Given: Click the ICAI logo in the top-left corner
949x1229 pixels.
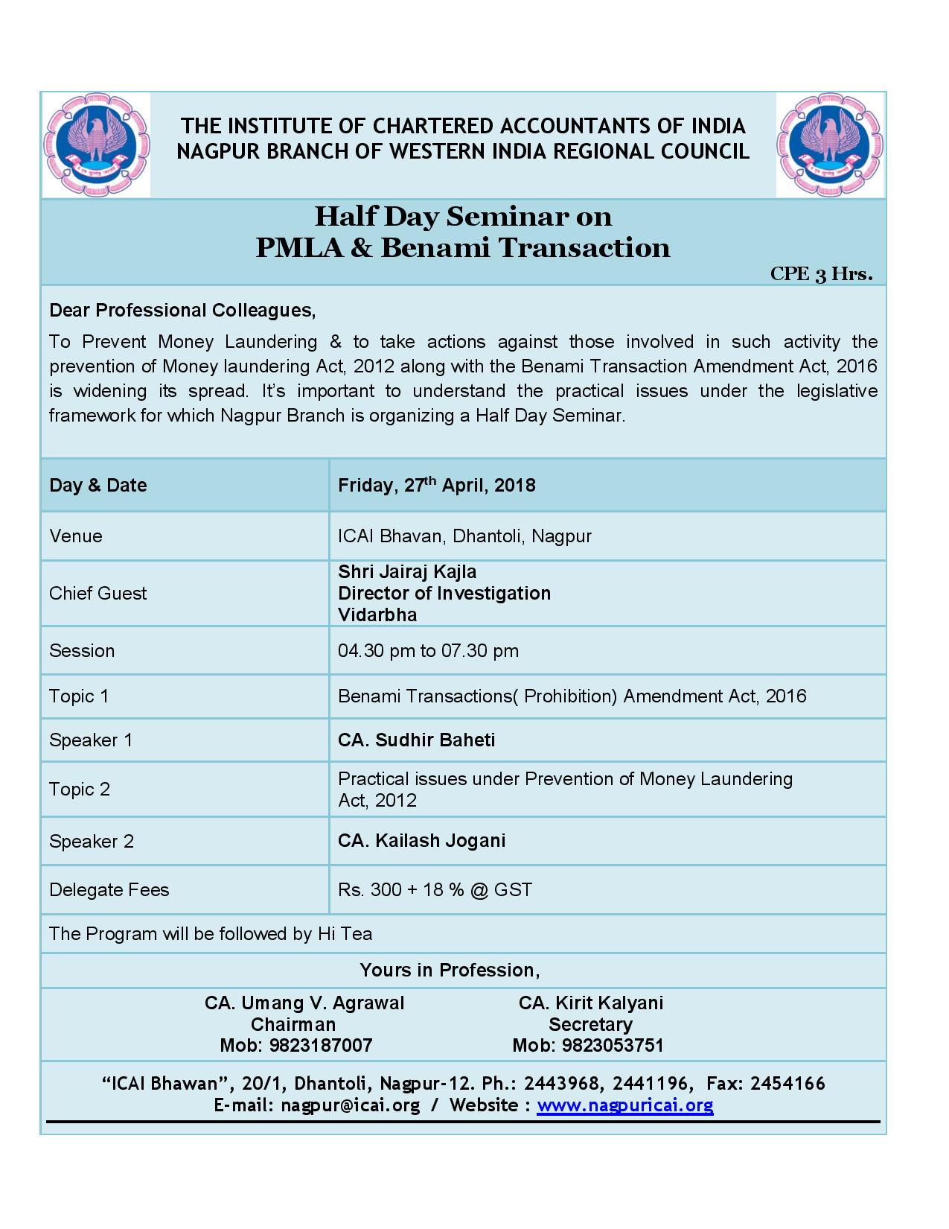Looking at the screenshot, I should (x=97, y=145).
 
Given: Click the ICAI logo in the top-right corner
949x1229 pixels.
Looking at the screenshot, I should (x=830, y=145).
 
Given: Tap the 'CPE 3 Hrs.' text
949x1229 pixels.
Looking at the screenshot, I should (x=821, y=274).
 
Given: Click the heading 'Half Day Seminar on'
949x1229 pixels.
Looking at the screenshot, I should (x=463, y=217).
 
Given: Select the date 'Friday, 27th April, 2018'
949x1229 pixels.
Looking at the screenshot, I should (x=437, y=486).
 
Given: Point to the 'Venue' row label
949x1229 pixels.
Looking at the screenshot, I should (x=76, y=536).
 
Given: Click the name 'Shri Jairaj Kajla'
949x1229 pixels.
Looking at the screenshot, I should (x=407, y=572).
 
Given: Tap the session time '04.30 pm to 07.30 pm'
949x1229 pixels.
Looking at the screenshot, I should (x=428, y=651).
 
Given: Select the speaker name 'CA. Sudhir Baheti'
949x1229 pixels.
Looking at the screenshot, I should (x=416, y=740).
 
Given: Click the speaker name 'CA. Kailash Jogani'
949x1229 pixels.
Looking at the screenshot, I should (x=421, y=841).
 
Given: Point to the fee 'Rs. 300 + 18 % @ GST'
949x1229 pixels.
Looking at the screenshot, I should (x=435, y=890).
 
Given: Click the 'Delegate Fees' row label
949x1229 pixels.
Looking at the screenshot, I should (x=109, y=890).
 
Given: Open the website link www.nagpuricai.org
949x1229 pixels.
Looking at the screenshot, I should (x=625, y=1105).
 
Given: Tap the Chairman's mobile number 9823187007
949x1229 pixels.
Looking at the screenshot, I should (x=321, y=1046).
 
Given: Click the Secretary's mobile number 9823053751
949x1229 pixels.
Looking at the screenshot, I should (x=612, y=1046).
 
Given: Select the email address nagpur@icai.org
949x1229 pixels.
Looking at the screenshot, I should (x=350, y=1105).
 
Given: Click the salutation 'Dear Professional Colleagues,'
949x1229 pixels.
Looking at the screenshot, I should (x=182, y=311).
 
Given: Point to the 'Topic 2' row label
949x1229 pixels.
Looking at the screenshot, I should (x=80, y=790).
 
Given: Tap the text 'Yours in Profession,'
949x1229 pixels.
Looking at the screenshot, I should (x=450, y=971).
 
